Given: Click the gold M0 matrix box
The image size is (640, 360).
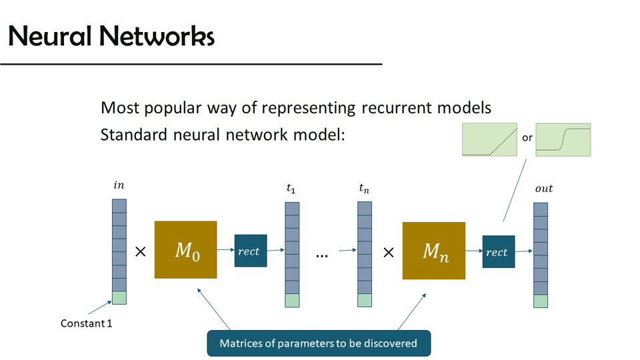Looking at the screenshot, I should click(185, 249).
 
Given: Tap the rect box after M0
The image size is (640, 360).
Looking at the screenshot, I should click(251, 251).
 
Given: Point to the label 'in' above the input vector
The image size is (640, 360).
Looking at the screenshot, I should click(119, 184).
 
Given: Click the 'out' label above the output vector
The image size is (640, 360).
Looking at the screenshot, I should click(544, 189).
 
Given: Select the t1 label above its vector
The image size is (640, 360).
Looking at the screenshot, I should click(291, 189).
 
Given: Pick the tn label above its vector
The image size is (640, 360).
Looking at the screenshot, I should click(364, 189).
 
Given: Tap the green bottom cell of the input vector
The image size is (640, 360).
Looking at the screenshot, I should click(119, 298).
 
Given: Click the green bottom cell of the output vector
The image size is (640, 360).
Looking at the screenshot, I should click(541, 301).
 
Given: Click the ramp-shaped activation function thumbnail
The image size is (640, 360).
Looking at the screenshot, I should click(490, 139).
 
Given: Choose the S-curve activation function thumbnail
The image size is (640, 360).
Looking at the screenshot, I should click(563, 139).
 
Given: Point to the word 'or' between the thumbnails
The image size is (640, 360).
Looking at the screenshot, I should click(527, 138).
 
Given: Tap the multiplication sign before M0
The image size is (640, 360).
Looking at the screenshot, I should click(141, 252).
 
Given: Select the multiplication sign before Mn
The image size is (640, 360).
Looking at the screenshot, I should click(389, 252).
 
